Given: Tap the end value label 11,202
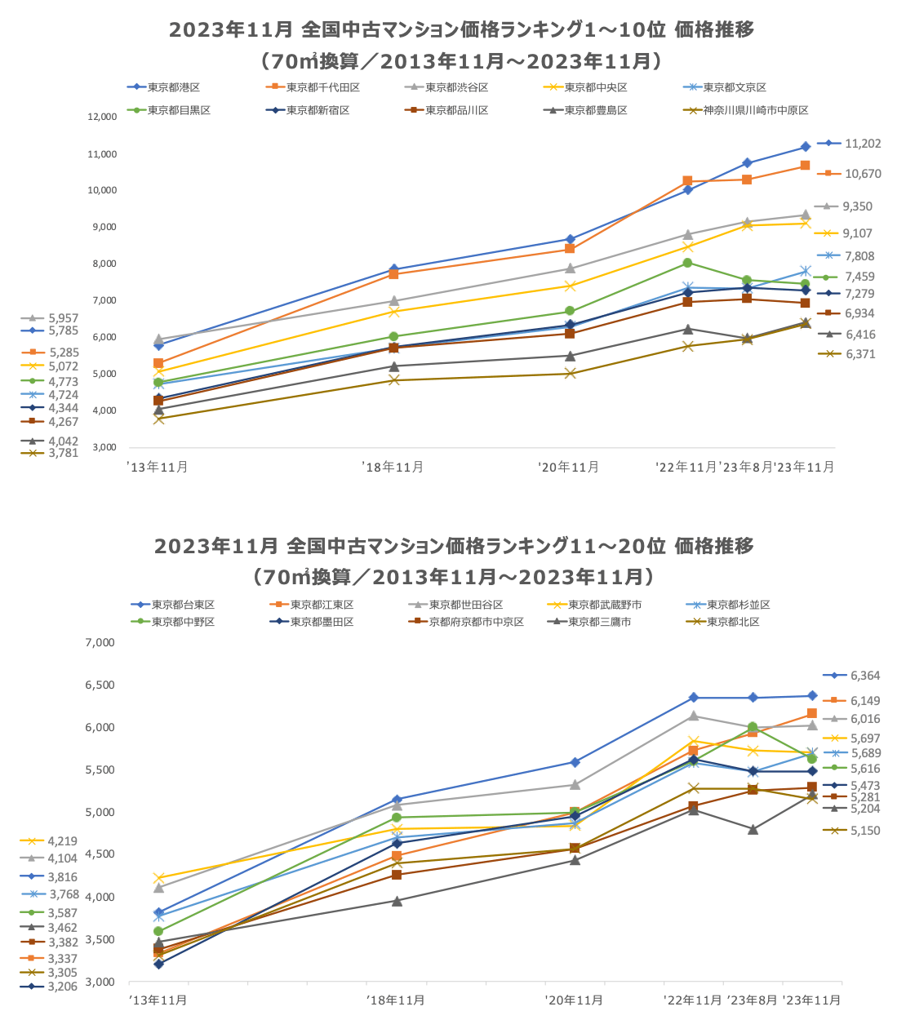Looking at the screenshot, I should pyautogui.click(x=862, y=144).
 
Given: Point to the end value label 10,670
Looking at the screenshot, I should pyautogui.click(x=862, y=174).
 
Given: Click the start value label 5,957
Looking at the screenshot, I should pyautogui.click(x=63, y=318).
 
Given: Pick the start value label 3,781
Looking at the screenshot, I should pyautogui.click(x=63, y=453).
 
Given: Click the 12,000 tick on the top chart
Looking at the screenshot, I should pyautogui.click(x=103, y=118).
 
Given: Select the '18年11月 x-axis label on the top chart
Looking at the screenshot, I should pyautogui.click(x=393, y=468).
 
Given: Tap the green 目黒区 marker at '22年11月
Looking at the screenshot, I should pyautogui.click(x=687, y=263).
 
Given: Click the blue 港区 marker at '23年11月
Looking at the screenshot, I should pyautogui.click(x=805, y=147).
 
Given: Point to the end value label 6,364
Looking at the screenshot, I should pyautogui.click(x=865, y=676).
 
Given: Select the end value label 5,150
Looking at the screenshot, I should pyautogui.click(x=865, y=831).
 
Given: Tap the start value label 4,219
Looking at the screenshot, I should pyautogui.click(x=62, y=841).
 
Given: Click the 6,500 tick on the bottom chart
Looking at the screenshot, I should pyautogui.click(x=100, y=685).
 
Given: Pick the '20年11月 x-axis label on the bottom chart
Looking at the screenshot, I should pyautogui.click(x=574, y=1000).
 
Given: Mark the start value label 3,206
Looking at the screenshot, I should pyautogui.click(x=62, y=987).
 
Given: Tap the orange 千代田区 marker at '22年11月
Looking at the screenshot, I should pyautogui.click(x=687, y=181).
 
